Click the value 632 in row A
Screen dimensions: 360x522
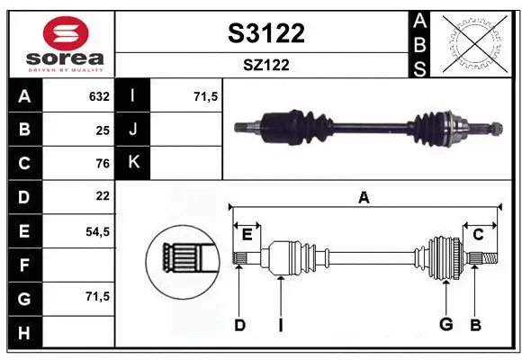99,96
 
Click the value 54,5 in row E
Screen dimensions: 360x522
97,230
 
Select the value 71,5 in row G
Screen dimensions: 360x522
97,296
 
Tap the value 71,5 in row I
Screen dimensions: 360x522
206,96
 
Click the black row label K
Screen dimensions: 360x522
133,163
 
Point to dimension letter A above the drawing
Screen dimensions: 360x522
364,197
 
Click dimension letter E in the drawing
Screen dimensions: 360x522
247,234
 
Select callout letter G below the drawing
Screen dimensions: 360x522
445,325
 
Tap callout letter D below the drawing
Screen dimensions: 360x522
239,325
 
